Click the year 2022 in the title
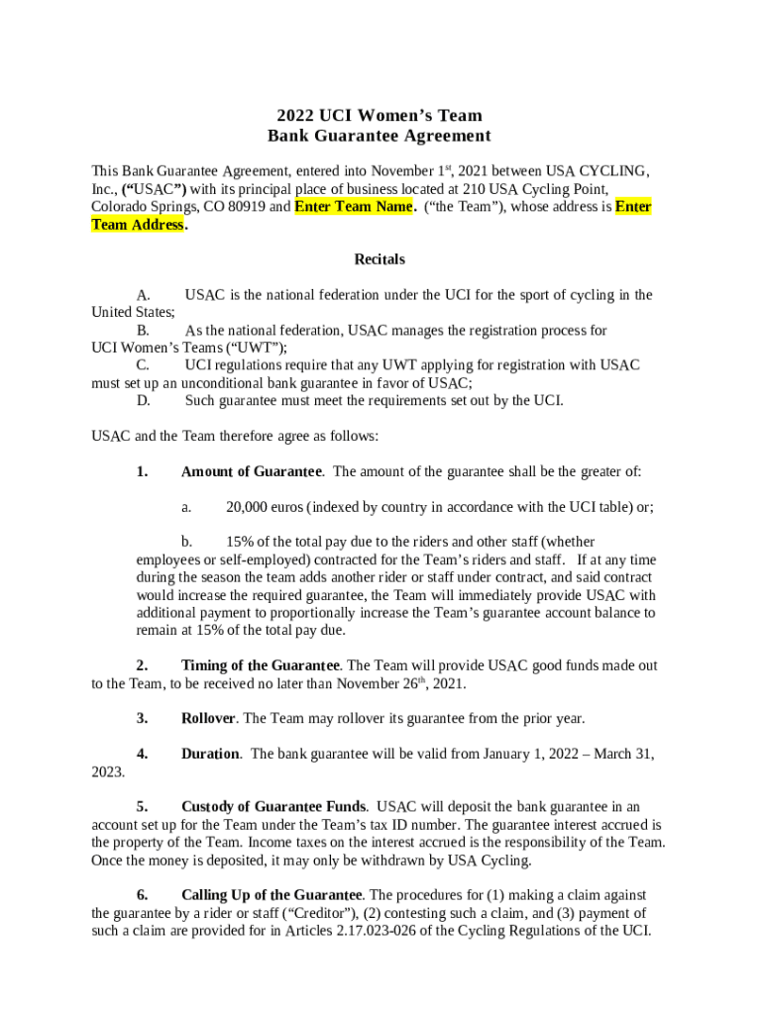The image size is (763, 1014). (x=296, y=116)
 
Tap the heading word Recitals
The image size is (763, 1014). (x=380, y=259)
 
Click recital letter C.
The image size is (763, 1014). (x=143, y=365)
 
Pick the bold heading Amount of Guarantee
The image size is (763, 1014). (x=251, y=471)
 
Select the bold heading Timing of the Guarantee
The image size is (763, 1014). (x=261, y=665)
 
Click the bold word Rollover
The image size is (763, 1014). (x=208, y=718)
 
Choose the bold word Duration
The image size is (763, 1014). (x=210, y=754)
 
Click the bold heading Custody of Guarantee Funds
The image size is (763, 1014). (x=273, y=806)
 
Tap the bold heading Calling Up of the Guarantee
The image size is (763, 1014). (x=272, y=895)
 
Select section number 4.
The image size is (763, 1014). (x=142, y=754)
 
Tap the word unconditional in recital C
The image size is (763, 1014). (x=226, y=383)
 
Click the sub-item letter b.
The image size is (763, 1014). (x=185, y=542)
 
